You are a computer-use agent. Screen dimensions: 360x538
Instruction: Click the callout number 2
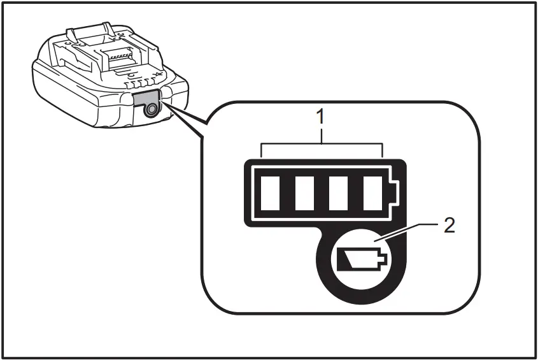click(x=449, y=226)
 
